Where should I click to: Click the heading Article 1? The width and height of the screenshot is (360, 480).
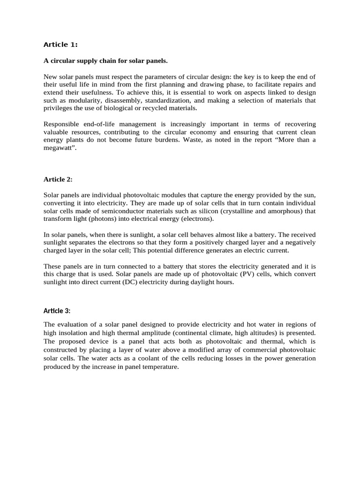point(60,45)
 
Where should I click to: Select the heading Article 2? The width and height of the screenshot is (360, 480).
point(58,179)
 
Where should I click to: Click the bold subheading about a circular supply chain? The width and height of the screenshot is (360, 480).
point(105,61)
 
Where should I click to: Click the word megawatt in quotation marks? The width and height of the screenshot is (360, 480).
point(58,148)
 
